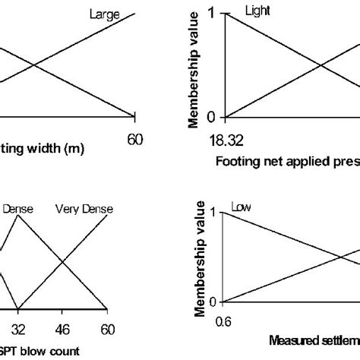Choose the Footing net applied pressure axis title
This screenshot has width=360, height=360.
[287, 160]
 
